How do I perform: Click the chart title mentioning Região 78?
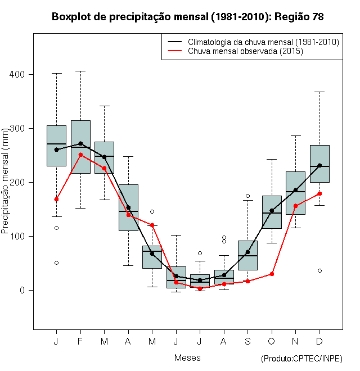tap(187, 17)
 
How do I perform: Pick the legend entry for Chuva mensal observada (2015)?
tap(245, 51)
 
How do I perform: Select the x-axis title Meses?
tap(187, 358)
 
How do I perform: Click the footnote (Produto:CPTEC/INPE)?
tap(301, 359)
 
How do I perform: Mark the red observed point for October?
tap(272, 274)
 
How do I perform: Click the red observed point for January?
tap(56, 199)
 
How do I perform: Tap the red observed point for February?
tap(80, 155)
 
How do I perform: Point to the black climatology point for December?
tap(319, 165)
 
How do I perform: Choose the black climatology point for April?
tap(128, 207)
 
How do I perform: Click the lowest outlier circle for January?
tap(56, 263)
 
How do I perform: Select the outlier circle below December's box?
tap(319, 270)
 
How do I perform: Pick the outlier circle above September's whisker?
tap(247, 196)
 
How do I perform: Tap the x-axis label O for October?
tap(272, 341)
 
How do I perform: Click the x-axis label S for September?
tap(247, 341)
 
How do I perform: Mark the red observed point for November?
tap(295, 206)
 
